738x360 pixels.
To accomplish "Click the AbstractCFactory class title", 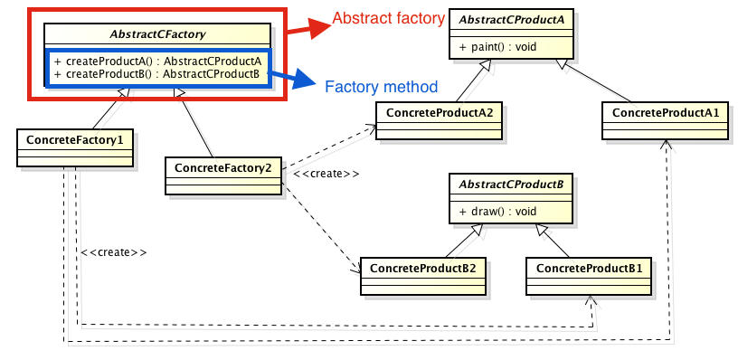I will pyautogui.click(x=157, y=35).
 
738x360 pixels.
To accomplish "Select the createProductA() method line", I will pyautogui.click(x=157, y=61).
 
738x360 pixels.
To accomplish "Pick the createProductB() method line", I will pyautogui.click(x=157, y=73).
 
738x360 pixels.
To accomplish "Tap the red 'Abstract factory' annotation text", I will pyautogui.click(x=388, y=18).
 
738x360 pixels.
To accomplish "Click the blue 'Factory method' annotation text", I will pyautogui.click(x=381, y=87).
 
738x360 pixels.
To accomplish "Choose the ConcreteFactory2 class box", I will pyautogui.click(x=222, y=175).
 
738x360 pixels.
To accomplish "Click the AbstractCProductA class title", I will pyautogui.click(x=510, y=20).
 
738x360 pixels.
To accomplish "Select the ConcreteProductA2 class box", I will pyautogui.click(x=440, y=119).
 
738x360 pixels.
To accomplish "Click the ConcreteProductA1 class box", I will pyautogui.click(x=665, y=119).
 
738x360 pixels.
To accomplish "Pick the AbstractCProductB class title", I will pyautogui.click(x=510, y=185).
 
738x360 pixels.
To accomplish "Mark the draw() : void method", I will pyautogui.click(x=493, y=211).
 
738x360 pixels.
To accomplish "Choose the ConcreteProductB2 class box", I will pyautogui.click(x=423, y=275).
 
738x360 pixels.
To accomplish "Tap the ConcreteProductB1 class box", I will pyautogui.click(x=589, y=275).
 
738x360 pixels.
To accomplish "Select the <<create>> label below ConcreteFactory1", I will pyautogui.click(x=113, y=252).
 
